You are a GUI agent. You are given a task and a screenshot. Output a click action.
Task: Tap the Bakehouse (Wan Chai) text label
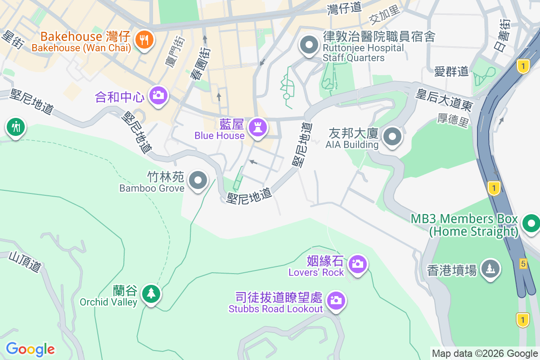coord(81,48)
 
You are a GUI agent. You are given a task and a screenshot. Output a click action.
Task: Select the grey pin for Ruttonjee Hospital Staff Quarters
coord(309,45)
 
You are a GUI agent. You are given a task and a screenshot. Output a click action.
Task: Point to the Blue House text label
coord(220,135)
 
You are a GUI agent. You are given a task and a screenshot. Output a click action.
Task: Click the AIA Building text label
coord(352,145)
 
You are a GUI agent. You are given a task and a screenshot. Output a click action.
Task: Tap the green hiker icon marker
coord(16,127)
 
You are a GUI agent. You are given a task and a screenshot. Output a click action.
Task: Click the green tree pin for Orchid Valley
coord(151,294)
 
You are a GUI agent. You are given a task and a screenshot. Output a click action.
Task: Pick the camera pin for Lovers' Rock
coord(358,264)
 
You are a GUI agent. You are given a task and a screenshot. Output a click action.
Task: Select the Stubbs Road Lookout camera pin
coord(336,300)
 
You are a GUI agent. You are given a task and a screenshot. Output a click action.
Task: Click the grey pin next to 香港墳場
coord(490,269)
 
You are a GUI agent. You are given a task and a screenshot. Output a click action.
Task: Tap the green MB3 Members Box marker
coord(531,223)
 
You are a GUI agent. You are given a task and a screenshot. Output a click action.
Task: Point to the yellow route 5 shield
coord(523,263)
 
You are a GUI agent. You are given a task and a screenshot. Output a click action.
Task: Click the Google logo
coord(31,349)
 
